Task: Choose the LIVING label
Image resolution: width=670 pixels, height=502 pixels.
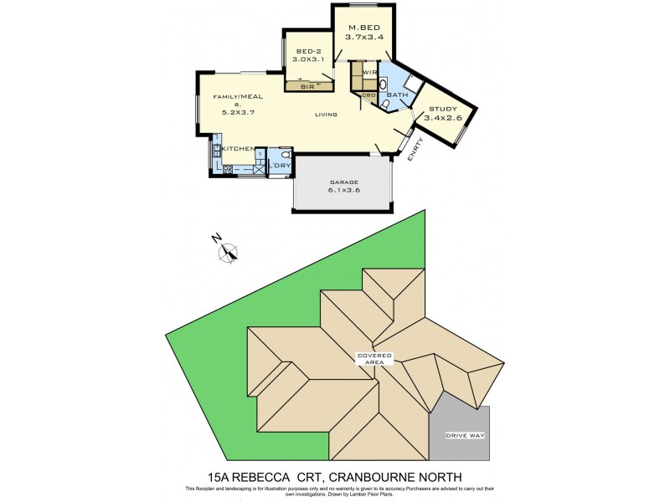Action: [327, 115]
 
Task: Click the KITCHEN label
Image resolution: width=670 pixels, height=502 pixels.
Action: [238, 148]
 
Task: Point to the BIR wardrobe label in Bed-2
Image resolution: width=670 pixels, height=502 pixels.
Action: [307, 86]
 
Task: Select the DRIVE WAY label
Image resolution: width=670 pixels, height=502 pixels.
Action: [466, 436]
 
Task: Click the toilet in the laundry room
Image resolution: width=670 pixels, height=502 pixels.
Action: [286, 155]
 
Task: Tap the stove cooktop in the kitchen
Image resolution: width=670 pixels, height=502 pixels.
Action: [227, 168]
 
